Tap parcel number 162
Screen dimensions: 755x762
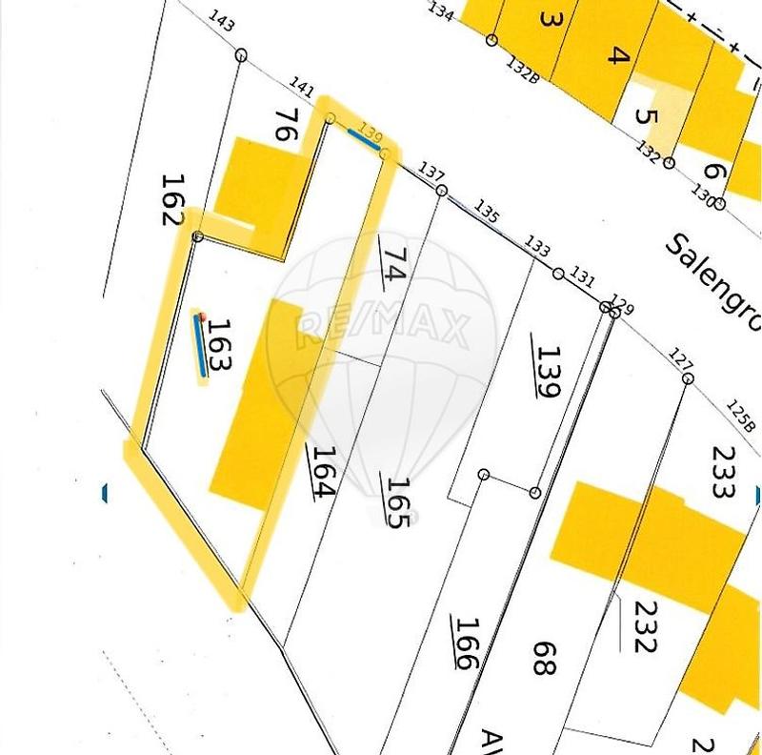click(x=171, y=198)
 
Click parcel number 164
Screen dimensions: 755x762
click(x=322, y=472)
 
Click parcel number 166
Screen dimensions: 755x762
click(x=466, y=643)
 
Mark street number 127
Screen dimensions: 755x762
click(x=681, y=360)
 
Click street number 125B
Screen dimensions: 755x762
click(x=740, y=417)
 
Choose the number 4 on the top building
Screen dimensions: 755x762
click(x=618, y=55)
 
